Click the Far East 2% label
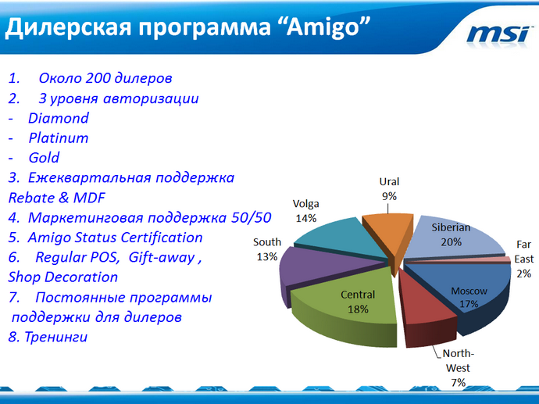coord(523,259)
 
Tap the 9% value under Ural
coord(389,196)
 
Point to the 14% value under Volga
coord(306,218)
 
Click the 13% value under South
coord(267,257)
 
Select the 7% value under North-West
coord(458,382)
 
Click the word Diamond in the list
coord(59,119)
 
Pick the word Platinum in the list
coord(59,138)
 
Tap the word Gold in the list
coord(44,158)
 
